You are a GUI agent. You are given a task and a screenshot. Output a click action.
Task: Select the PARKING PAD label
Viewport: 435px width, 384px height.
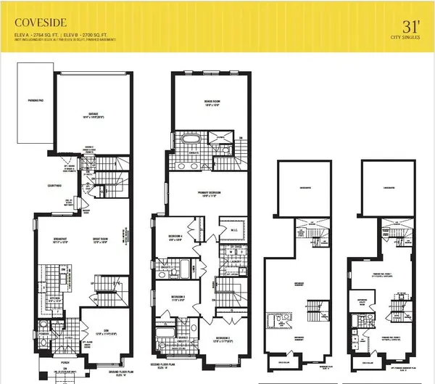[x=33, y=99]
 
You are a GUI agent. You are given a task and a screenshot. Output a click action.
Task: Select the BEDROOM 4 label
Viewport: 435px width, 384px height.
[x=173, y=237]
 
